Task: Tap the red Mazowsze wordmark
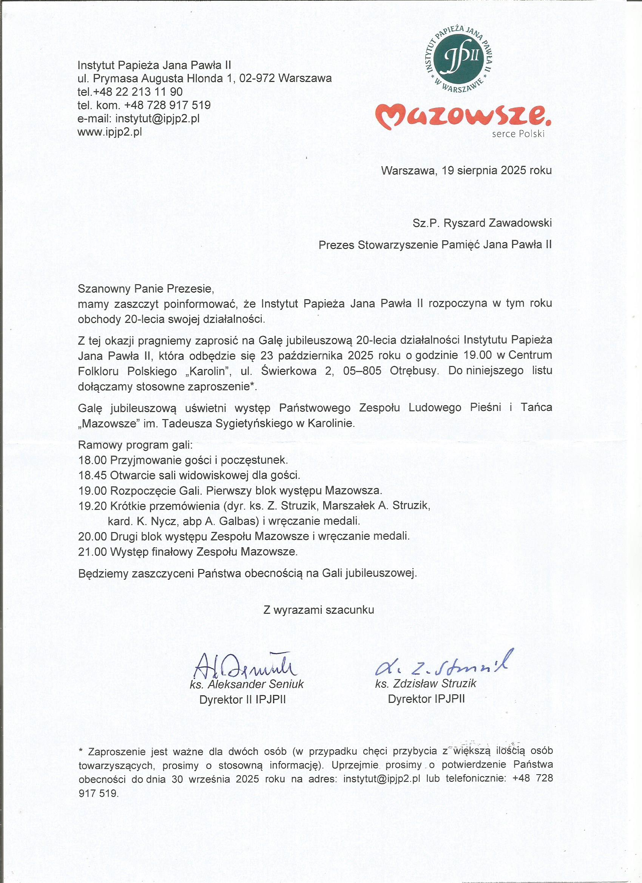pyautogui.click(x=463, y=116)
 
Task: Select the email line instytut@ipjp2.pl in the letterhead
pyautogui.click(x=139, y=118)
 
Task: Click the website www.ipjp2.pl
pyautogui.click(x=110, y=131)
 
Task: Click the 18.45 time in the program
pyautogui.click(x=93, y=475)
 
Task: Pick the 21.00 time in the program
pyautogui.click(x=93, y=552)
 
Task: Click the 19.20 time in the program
pyautogui.click(x=93, y=506)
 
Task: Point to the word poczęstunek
pyautogui.click(x=254, y=460)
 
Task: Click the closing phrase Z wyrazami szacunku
pyautogui.click(x=318, y=610)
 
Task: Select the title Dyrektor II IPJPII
pyautogui.click(x=242, y=699)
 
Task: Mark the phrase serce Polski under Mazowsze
pyautogui.click(x=518, y=134)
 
